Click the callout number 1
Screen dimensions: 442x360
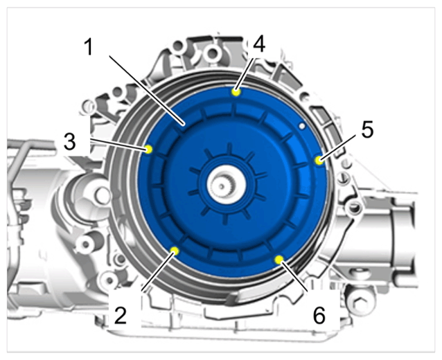pyautogui.click(x=89, y=47)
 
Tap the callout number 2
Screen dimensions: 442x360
pyautogui.click(x=121, y=315)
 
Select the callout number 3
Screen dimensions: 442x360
pyautogui.click(x=70, y=142)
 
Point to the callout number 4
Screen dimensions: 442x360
pyautogui.click(x=259, y=44)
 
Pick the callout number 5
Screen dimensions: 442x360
pyautogui.click(x=367, y=129)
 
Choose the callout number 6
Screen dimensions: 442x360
pyautogui.click(x=319, y=315)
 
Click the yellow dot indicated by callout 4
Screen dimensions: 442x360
pyautogui.click(x=236, y=92)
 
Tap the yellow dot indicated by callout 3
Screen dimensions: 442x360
pyautogui.click(x=148, y=149)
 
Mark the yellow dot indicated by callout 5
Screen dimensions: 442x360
pyautogui.click(x=319, y=161)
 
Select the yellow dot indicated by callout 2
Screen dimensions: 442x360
pyautogui.click(x=175, y=251)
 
